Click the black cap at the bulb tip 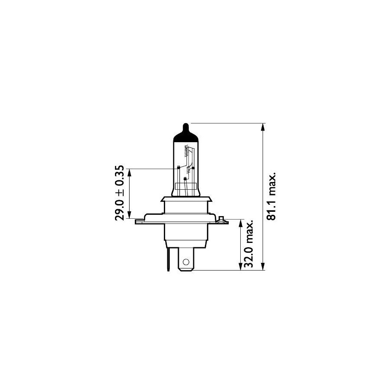coord(186,134)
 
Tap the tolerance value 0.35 coord(119,175)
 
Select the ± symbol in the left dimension coord(120,192)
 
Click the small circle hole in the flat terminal coord(186,262)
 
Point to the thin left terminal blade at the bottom coord(169,259)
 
